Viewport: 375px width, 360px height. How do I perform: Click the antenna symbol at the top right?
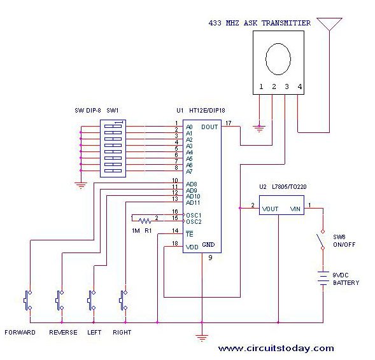(329, 24)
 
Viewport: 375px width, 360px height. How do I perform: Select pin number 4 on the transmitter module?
(300, 87)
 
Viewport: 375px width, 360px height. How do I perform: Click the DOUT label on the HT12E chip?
(209, 127)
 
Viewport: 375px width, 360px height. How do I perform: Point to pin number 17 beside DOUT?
(229, 123)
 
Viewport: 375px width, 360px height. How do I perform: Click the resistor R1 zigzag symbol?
(145, 221)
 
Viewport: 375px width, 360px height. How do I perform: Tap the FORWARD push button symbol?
(28, 300)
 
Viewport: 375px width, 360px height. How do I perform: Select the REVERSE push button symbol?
(60, 300)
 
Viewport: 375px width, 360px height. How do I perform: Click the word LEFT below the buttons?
(94, 332)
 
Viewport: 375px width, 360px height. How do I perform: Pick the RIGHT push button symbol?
(124, 300)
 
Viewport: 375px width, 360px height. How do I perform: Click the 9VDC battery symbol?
(323, 278)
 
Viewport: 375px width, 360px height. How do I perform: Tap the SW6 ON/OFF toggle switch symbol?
(320, 240)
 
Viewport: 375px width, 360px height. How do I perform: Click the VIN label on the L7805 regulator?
(295, 209)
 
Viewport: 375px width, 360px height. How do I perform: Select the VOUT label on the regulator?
(270, 209)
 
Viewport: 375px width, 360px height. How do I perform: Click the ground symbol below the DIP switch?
(81, 185)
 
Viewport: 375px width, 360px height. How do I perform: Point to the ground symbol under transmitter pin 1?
(259, 128)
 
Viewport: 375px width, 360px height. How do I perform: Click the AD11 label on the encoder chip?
(193, 203)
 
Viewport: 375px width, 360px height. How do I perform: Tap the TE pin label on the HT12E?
(190, 234)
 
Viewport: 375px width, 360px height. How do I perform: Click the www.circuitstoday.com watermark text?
(276, 349)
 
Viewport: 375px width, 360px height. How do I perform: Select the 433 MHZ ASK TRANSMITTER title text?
(260, 23)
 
